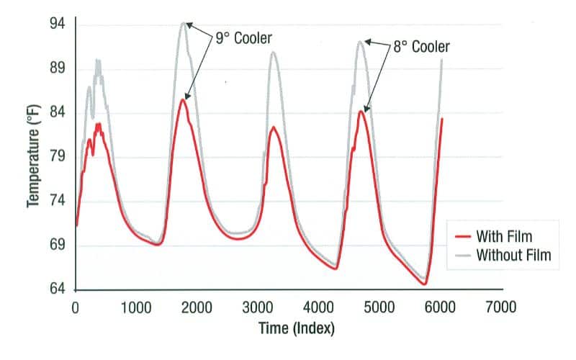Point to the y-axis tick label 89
pyautogui.click(x=57, y=69)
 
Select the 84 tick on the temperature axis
pyautogui.click(x=57, y=113)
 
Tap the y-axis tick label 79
pyautogui.click(x=57, y=158)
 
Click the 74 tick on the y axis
pyautogui.click(x=57, y=202)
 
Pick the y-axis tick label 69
pyautogui.click(x=57, y=246)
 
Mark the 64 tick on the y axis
pyautogui.click(x=57, y=289)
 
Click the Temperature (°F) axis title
pyautogui.click(x=33, y=156)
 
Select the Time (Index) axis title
pyautogui.click(x=297, y=328)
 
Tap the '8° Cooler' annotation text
pyautogui.click(x=421, y=47)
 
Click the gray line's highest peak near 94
pyautogui.click(x=184, y=23)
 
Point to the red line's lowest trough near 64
pyautogui.click(x=425, y=284)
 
